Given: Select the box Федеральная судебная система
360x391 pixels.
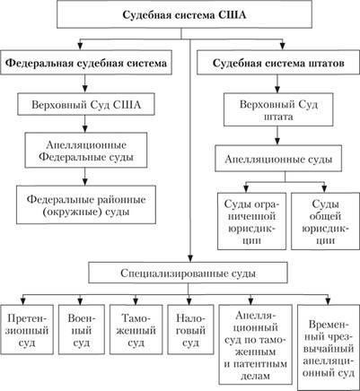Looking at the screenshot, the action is [86, 63].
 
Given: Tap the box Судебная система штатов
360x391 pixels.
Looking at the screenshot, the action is [278, 63].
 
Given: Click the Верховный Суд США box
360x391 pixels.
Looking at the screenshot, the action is [86, 104].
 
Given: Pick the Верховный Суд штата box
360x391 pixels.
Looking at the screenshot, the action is [278, 109].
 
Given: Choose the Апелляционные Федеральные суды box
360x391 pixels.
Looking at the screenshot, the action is [86, 150].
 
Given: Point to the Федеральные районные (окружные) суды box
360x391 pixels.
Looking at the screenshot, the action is [86, 204].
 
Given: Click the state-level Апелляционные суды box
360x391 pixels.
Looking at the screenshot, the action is [278, 159].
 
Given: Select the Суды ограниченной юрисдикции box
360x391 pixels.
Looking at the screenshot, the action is [251, 222].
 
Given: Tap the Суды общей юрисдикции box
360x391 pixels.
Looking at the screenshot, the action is [325, 222].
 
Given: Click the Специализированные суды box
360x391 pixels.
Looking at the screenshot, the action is [188, 273].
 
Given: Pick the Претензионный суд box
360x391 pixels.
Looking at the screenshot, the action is [27, 329].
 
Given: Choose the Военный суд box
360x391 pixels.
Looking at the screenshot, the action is [82, 329].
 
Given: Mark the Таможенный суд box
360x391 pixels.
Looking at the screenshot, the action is [136, 329].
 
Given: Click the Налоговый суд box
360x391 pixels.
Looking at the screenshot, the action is [190, 329].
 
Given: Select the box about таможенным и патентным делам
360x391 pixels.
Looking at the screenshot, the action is [256, 344].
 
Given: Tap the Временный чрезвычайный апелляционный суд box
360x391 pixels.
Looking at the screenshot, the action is [329, 347].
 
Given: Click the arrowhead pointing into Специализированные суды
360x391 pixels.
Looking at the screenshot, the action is [189, 258].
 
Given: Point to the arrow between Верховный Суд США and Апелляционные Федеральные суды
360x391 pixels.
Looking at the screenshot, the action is [86, 124].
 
